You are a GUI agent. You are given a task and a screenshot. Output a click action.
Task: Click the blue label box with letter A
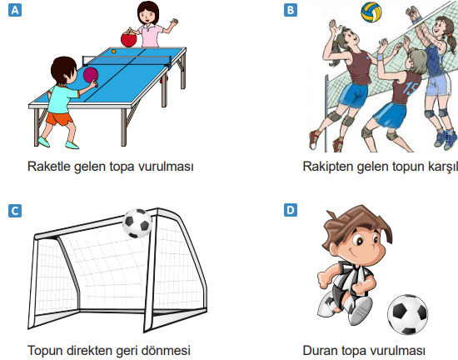tap(12, 11)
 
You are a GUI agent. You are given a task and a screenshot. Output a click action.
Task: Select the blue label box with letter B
tap(290, 11)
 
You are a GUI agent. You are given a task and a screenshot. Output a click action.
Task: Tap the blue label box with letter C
tap(12, 210)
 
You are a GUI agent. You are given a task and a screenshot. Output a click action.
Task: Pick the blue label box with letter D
tap(290, 210)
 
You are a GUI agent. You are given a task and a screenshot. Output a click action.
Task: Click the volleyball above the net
tap(372, 12)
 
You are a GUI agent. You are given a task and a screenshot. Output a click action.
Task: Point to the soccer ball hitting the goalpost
tap(137, 222)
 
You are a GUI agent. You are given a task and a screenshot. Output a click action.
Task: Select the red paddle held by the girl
tap(128, 38)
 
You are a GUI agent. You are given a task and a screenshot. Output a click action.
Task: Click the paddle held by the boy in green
tap(90, 77)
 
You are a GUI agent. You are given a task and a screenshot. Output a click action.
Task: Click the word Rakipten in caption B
tap(328, 166)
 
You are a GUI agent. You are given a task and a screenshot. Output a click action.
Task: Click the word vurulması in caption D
tap(398, 350)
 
